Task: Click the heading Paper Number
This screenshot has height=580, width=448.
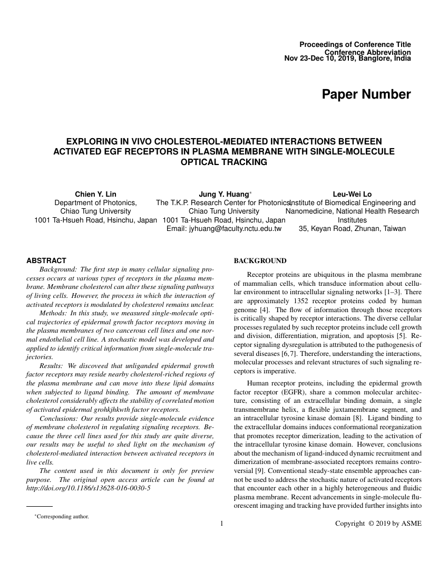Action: pos(366,95)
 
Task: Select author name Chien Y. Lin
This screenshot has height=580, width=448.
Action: pos(96,194)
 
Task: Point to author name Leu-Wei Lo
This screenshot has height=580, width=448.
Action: pos(352,194)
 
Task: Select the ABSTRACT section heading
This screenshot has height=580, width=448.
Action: pos(46,260)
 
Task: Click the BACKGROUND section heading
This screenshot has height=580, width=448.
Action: pos(260,261)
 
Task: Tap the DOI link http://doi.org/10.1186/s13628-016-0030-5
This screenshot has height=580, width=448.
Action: pos(89,488)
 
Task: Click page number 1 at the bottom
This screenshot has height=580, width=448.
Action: pos(222,524)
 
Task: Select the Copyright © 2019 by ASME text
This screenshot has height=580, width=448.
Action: pos(378,524)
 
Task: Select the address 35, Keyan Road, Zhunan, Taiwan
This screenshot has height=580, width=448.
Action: pos(352,229)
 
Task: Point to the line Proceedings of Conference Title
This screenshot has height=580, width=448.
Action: pos(355,45)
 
